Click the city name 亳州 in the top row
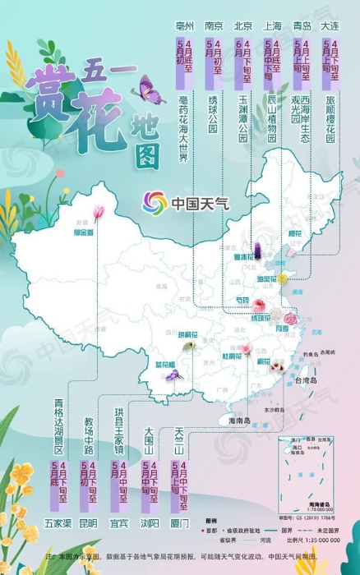(184, 25)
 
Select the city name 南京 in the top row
(214, 25)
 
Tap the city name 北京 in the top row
(243, 25)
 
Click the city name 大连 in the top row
(331, 25)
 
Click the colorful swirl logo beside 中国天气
(155, 201)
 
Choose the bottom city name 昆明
(89, 522)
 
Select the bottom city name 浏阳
(150, 522)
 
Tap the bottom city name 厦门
(180, 522)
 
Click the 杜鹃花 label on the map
(230, 356)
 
